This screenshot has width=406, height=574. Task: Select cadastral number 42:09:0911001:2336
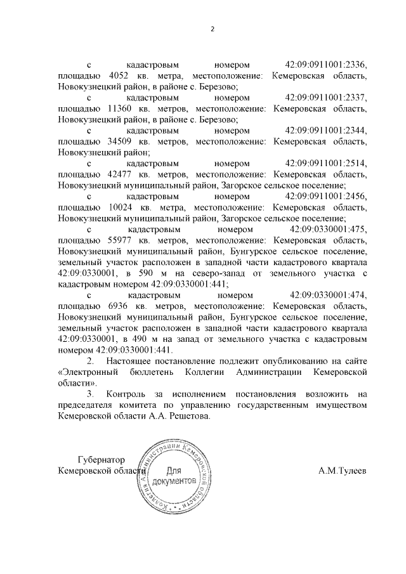[x=326, y=65]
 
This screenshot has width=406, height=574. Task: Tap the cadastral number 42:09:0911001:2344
[x=326, y=131]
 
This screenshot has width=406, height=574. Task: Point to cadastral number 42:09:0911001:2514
[x=326, y=164]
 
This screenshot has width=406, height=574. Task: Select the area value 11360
[x=122, y=108]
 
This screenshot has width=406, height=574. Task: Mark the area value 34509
[x=122, y=141]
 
